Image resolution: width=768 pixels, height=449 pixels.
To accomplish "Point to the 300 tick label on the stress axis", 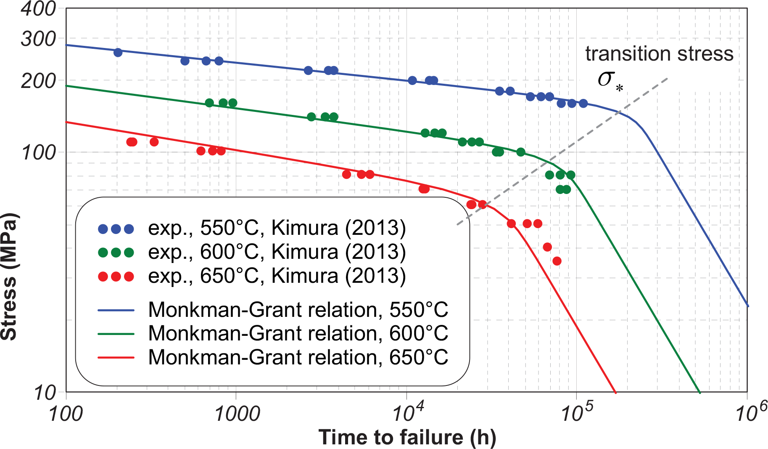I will (38, 39).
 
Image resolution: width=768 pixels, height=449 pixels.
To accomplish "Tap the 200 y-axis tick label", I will (38, 80).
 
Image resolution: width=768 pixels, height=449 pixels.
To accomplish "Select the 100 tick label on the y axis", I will (39, 152).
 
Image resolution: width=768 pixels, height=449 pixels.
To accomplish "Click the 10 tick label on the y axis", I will (45, 393).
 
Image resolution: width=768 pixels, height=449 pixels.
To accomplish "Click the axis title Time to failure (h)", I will (407, 437).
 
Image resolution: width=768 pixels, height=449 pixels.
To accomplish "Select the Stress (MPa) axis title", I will (9, 276).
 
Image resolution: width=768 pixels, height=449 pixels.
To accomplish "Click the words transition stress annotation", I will (659, 54).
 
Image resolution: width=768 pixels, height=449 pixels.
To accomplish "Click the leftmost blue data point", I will (118, 53).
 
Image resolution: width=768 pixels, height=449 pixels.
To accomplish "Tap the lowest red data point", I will (557, 261).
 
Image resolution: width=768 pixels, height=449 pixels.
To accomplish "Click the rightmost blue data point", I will (583, 104).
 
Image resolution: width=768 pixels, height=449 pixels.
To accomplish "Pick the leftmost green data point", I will (209, 103).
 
